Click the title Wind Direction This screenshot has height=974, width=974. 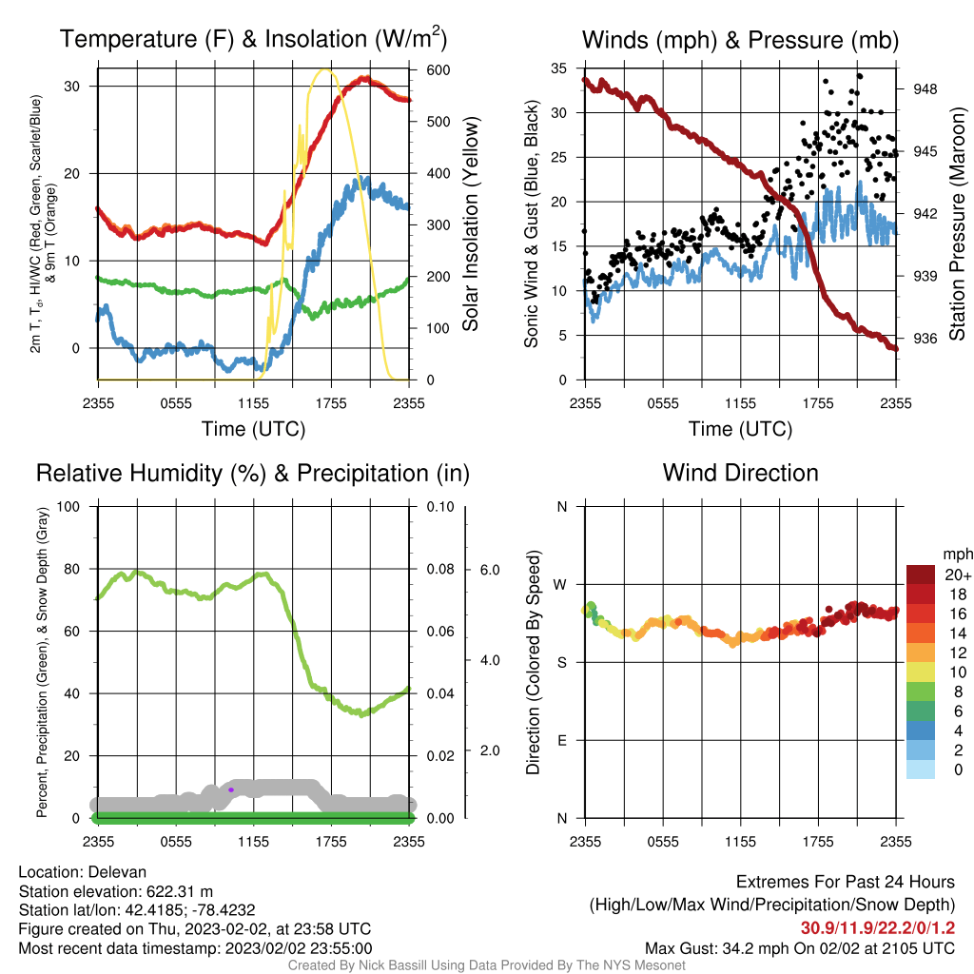pos(740,473)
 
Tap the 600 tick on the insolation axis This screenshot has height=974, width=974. pos(438,69)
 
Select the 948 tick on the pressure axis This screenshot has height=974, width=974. pos(925,88)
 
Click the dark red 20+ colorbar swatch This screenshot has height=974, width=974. pos(920,575)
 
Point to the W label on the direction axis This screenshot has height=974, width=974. pos(561,585)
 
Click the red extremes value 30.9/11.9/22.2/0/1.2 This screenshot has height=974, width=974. pos(877,928)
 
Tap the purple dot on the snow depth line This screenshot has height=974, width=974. pos(231,789)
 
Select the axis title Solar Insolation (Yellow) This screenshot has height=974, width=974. pos(470,224)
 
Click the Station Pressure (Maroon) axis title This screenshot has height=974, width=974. pos(957,224)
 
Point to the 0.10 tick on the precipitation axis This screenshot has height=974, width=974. pos(440,507)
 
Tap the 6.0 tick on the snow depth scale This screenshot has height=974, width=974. pos(490,570)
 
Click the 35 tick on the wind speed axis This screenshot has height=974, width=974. pos(559,68)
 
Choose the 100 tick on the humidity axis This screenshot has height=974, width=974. pos(68,506)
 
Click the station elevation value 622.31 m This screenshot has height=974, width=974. pos(180,891)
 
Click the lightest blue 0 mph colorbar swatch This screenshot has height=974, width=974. pos(920,769)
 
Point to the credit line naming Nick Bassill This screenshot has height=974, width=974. pos(486,965)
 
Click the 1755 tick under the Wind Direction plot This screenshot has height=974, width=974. pos(818,842)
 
